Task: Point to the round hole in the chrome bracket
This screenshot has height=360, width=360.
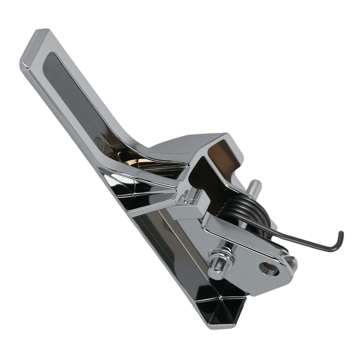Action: tap(269, 269)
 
